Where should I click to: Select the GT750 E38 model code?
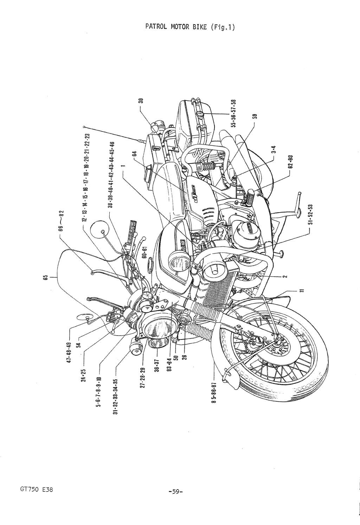click(34, 490)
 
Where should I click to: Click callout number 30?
click(141, 101)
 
